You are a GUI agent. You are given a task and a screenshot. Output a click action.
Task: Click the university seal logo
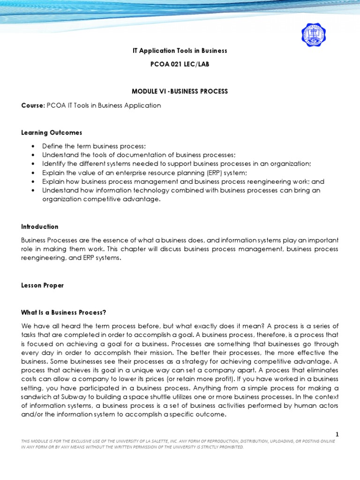click(x=314, y=35)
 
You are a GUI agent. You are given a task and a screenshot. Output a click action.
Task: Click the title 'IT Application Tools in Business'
click(x=180, y=51)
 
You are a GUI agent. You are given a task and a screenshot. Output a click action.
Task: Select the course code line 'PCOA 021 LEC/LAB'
click(x=180, y=64)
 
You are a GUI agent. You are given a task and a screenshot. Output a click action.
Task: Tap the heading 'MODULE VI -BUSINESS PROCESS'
click(x=180, y=91)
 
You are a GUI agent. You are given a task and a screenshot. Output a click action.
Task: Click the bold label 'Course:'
click(x=32, y=105)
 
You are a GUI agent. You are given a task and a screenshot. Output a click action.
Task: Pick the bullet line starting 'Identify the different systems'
click(x=176, y=164)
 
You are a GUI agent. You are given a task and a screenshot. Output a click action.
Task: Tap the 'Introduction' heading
click(x=40, y=226)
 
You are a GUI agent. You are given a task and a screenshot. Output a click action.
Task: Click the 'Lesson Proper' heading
click(x=42, y=285)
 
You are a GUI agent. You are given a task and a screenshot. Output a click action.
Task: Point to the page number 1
click(x=337, y=435)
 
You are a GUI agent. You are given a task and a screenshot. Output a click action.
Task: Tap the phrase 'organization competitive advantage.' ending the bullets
click(x=101, y=199)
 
